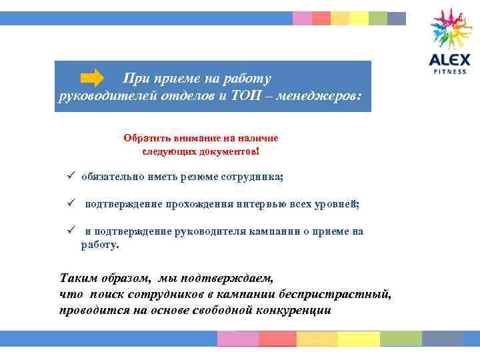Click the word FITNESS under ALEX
tap(451, 71)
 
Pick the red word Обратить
tap(145, 138)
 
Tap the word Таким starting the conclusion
tap(77, 277)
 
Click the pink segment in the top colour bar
tap(302, 19)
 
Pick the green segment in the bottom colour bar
tap(401, 339)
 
